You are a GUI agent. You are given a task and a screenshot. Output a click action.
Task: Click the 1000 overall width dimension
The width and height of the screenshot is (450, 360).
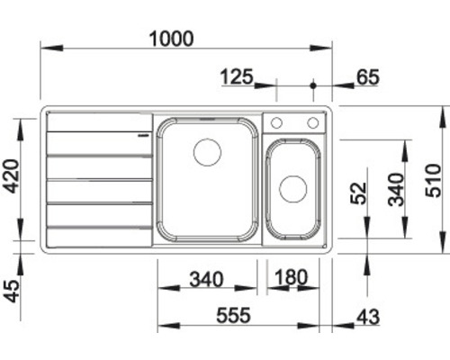pos(171,39)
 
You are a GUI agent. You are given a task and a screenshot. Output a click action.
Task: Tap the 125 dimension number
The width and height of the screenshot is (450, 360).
pos(237,76)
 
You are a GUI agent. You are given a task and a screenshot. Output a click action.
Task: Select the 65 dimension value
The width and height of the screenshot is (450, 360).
pos(368,77)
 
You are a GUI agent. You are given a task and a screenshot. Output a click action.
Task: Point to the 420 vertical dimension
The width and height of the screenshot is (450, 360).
pos(13,176)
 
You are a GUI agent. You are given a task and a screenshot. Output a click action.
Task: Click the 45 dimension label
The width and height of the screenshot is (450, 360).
pos(13,291)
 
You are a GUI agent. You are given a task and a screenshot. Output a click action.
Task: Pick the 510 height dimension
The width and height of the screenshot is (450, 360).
pos(434,181)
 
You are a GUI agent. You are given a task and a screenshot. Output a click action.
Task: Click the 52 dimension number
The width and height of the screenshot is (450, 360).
pos(359,193)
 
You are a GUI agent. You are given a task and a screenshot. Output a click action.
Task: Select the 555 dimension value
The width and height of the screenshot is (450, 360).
pos(233,316)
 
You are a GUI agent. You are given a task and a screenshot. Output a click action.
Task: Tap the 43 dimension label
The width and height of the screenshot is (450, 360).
pos(368,317)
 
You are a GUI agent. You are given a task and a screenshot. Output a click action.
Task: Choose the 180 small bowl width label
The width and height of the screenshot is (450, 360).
pos(292,277)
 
